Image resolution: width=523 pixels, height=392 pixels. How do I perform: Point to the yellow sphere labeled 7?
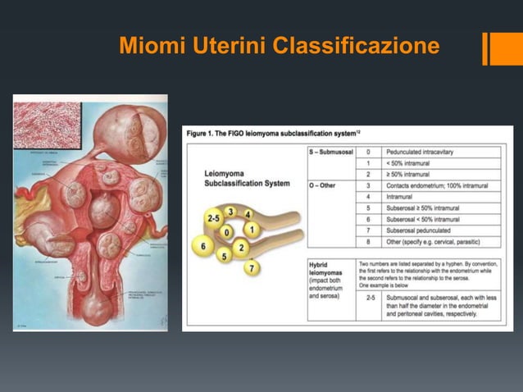point(252,267)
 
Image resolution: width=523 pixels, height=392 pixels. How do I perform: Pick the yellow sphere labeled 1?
point(252,229)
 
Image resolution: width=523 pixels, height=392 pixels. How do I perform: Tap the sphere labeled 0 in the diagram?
point(226,233)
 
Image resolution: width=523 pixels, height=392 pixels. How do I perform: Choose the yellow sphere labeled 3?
point(230,212)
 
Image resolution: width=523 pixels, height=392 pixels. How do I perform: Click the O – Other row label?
point(323,185)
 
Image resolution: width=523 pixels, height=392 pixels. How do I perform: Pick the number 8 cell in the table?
point(368,243)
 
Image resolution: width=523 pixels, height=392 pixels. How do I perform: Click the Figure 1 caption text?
point(274,132)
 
